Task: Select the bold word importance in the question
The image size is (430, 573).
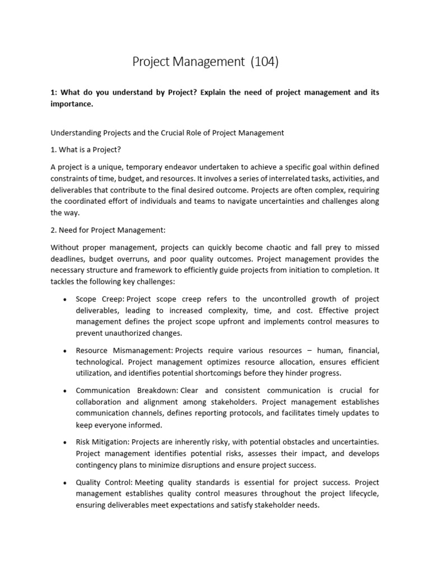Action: click(x=71, y=104)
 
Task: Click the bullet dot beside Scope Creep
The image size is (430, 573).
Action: click(x=66, y=299)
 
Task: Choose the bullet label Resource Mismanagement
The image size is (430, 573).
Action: click(x=125, y=350)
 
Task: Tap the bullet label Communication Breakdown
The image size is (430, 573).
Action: click(x=127, y=391)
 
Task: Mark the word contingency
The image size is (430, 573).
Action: click(x=97, y=464)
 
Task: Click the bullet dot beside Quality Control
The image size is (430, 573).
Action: click(x=66, y=483)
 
